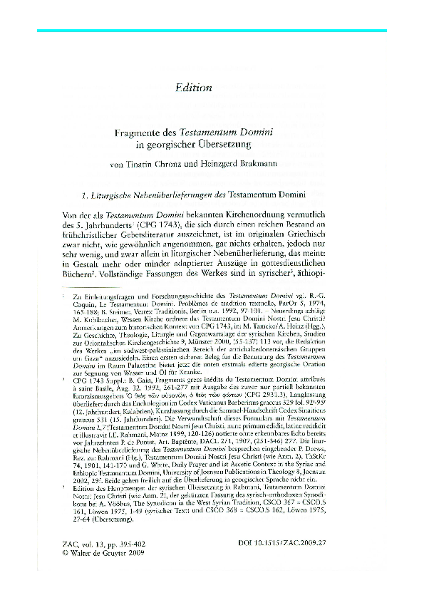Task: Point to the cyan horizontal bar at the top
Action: (212, 31)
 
